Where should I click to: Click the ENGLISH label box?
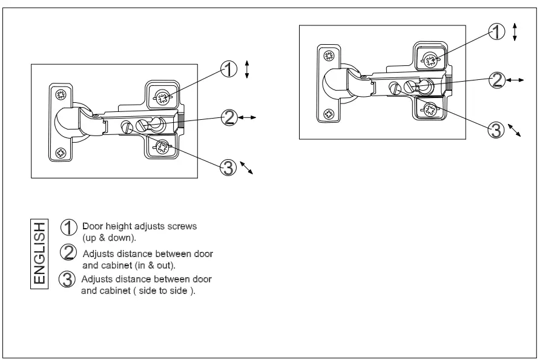(39, 253)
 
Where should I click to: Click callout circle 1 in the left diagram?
(229, 69)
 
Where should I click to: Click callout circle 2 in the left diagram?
(229, 118)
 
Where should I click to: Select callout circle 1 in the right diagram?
(497, 31)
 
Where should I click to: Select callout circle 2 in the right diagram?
(497, 79)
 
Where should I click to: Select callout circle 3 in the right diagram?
(496, 129)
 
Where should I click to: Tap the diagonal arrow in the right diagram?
(515, 130)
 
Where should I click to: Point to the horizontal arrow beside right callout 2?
(516, 80)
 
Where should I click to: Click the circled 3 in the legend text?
(67, 280)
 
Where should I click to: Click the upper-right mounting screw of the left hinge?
(162, 96)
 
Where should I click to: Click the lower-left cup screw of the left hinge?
(61, 153)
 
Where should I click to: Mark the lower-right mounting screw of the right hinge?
(431, 110)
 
